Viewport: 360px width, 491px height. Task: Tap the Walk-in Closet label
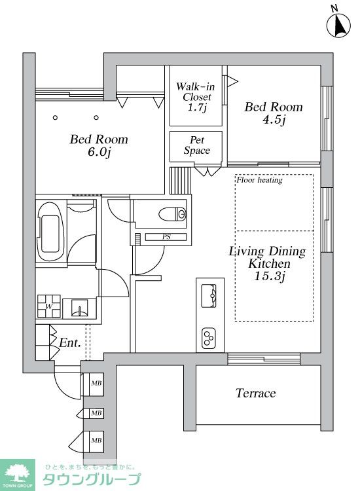(196, 97)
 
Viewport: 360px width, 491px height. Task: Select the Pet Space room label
(197, 145)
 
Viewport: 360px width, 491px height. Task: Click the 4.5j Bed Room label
(274, 113)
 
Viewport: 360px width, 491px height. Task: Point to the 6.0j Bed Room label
(99, 145)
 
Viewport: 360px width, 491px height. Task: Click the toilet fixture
(172, 214)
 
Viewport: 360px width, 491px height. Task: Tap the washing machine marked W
(49, 306)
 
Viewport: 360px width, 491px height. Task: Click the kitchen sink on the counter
(209, 296)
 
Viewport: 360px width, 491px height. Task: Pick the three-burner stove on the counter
(209, 338)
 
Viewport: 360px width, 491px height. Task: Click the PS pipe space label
(166, 237)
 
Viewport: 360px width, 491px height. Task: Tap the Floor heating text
(259, 180)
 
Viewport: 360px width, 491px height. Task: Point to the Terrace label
(256, 393)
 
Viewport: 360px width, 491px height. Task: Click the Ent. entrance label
(70, 343)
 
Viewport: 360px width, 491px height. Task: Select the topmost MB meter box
(96, 383)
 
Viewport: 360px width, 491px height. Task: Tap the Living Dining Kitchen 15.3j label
(268, 263)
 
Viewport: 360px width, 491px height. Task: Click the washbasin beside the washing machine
(79, 308)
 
